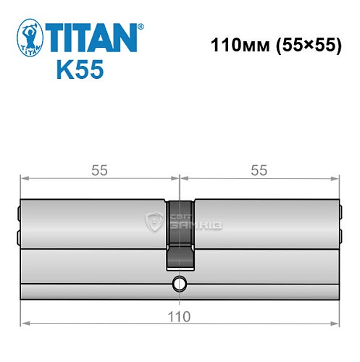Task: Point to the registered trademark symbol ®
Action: tap(141, 26)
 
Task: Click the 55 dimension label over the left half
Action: tap(99, 170)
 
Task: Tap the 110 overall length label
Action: tap(180, 316)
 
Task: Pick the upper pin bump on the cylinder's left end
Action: tap(18, 214)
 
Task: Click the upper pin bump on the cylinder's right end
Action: tap(341, 214)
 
